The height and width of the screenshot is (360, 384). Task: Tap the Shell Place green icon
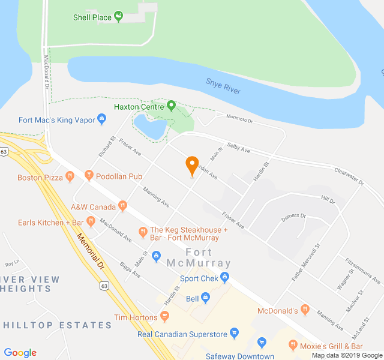click(x=118, y=17)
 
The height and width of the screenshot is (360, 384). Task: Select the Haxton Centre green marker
click(x=171, y=107)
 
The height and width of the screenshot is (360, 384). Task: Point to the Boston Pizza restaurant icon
click(x=70, y=177)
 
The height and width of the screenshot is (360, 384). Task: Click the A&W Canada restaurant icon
click(x=122, y=206)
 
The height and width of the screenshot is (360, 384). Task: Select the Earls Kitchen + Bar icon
click(x=91, y=222)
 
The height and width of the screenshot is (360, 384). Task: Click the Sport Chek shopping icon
click(x=224, y=278)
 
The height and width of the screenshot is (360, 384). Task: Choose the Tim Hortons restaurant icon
click(x=164, y=316)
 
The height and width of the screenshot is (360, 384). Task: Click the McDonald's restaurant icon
click(x=305, y=310)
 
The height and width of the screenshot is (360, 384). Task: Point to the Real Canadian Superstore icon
click(x=235, y=333)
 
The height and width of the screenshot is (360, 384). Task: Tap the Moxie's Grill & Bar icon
click(x=293, y=346)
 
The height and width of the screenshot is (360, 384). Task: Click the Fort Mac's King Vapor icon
click(x=101, y=120)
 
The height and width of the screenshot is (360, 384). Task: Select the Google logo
click(x=20, y=353)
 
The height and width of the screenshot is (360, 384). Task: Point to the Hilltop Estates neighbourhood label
click(x=58, y=325)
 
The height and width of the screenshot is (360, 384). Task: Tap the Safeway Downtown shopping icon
click(x=262, y=343)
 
